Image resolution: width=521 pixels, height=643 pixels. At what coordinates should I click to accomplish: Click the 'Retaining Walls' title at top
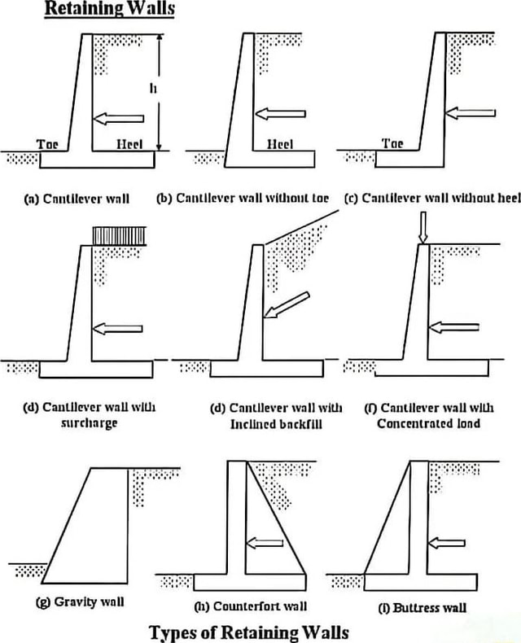(109, 11)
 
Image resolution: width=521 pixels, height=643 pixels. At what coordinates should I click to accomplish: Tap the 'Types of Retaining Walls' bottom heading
(249, 632)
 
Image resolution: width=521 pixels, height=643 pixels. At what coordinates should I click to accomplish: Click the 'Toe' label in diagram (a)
(48, 144)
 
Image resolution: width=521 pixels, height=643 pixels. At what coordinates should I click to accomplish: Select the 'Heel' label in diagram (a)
(129, 144)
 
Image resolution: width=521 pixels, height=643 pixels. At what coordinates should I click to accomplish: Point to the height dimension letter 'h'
(152, 90)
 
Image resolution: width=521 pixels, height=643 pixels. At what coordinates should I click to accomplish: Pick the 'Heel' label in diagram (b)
(280, 144)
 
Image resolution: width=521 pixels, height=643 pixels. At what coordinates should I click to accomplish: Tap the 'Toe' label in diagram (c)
(392, 144)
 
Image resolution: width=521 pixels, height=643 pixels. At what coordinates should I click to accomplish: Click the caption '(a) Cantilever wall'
(77, 198)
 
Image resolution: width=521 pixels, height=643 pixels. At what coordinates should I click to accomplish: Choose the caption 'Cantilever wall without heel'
(431, 198)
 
